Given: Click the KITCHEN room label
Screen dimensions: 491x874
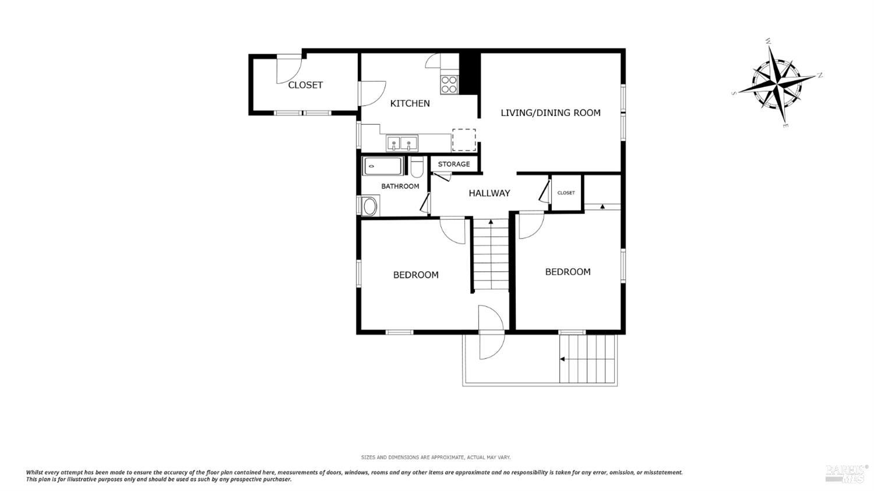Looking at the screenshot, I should point(410,103).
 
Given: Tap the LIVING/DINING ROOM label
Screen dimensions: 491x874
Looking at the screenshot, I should point(550,113).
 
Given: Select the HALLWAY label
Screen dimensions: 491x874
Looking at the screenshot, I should point(489,193).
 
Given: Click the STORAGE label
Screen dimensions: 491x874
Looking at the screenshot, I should point(454,164).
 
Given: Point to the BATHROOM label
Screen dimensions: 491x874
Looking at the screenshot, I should point(400,187).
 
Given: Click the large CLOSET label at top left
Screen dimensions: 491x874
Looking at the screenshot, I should point(305,85).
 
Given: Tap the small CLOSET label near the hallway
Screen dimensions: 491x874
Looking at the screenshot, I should point(566,193).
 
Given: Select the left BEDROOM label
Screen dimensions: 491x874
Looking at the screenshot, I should point(415,275).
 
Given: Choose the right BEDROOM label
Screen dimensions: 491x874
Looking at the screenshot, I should point(568,272).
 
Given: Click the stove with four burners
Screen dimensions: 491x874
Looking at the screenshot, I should point(449,85).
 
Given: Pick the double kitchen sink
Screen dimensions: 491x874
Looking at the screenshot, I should point(401,142).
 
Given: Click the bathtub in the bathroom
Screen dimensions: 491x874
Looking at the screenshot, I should point(383,166).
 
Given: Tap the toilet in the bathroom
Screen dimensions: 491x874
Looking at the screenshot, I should point(416,168).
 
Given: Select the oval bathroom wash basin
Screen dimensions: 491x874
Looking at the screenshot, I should point(369,206).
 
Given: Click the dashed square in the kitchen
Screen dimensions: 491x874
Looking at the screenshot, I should point(464,140).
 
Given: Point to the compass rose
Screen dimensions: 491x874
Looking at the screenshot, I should point(776,82).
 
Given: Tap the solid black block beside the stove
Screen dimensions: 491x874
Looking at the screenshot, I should point(468,73).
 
